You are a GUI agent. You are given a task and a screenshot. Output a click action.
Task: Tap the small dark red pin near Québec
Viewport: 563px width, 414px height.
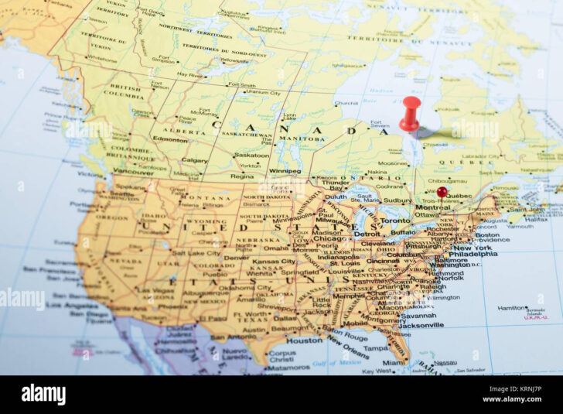click(x=442, y=191)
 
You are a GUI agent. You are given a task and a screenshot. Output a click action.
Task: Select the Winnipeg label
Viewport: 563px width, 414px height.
click(x=285, y=170)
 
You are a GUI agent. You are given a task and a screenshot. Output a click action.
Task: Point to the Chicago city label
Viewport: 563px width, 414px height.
click(x=330, y=239)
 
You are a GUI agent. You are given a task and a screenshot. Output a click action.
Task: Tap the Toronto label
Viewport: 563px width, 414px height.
click(x=394, y=220)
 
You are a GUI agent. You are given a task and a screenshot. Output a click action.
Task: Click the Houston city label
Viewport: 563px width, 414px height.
click(x=304, y=340)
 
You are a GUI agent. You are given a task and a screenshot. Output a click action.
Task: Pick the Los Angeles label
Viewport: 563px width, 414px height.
click(x=71, y=305)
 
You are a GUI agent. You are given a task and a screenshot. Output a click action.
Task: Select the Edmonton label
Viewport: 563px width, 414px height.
click(x=170, y=139)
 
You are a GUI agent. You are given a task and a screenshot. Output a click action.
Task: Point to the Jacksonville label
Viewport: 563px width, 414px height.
click(x=421, y=325)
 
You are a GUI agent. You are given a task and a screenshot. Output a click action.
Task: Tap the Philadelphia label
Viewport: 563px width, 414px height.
click(x=473, y=254)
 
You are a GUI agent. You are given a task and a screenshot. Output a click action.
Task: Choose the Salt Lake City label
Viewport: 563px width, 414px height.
click(x=196, y=253)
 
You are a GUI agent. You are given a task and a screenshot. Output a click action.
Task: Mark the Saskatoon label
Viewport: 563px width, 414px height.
click(x=252, y=155)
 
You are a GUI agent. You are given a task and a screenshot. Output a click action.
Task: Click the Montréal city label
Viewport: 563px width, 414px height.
click(x=433, y=207)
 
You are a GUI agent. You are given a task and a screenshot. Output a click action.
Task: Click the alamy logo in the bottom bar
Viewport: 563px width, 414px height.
click(x=43, y=395)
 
